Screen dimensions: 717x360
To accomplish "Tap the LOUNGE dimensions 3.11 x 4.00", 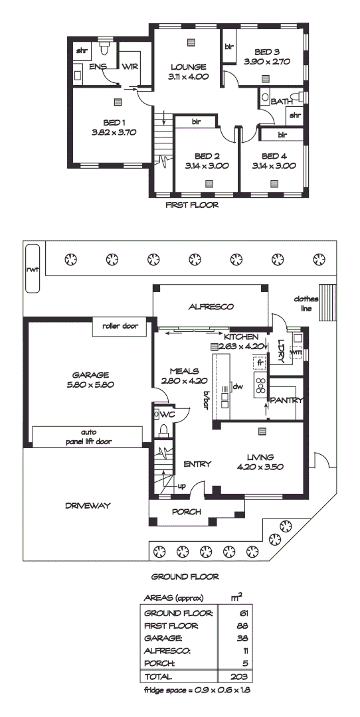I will point(189,77).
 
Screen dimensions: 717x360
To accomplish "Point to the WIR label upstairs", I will point(129,66).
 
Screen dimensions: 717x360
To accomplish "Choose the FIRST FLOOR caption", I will point(192,206).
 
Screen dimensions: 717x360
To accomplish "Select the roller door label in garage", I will point(119,326).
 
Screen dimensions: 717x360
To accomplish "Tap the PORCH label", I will point(187,512).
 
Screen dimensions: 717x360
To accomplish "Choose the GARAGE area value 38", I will point(243,638).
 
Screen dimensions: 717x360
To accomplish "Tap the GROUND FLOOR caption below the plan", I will point(185,577).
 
